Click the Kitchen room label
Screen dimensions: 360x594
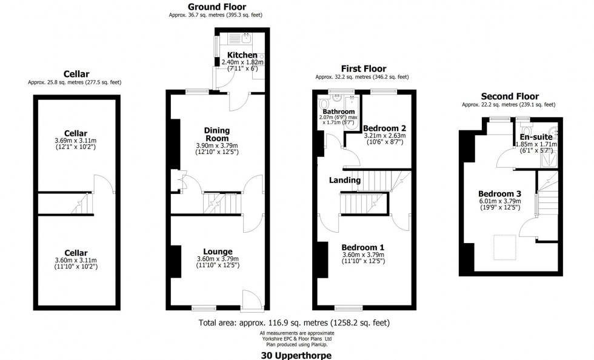click(242, 55)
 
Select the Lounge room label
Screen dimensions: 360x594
click(218, 252)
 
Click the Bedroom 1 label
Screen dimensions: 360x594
click(362, 247)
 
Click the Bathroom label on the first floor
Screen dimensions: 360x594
click(338, 112)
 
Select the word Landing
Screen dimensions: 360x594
click(345, 180)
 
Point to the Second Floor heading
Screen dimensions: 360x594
click(509, 96)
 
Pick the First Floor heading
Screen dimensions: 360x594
click(363, 68)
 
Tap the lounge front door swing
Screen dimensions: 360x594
click(251, 299)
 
